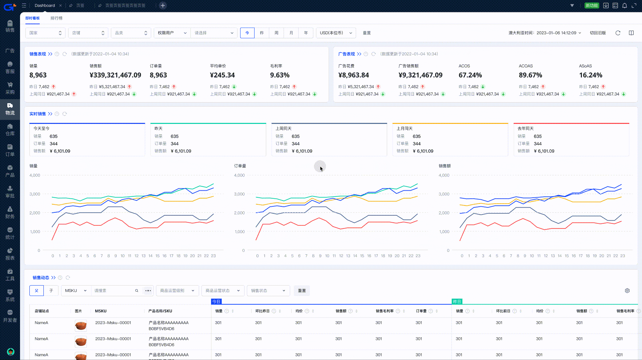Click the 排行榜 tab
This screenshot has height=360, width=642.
point(56,18)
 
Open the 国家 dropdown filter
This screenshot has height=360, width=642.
point(45,33)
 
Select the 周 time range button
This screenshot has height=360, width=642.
point(276,33)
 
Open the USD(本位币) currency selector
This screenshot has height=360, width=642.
point(336,33)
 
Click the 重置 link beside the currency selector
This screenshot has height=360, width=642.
point(367,33)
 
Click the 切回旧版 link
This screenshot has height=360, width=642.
point(598,33)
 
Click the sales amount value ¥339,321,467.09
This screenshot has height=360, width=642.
point(115,75)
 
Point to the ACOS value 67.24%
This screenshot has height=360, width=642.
point(470,75)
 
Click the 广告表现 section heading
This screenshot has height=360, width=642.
point(346,54)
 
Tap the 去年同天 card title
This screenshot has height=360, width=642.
point(525,128)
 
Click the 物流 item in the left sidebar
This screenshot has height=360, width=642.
point(10,109)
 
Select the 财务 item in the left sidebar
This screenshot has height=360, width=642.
point(10,212)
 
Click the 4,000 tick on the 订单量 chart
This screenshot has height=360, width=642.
point(239,175)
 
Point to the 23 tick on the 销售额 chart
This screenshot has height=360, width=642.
point(622,256)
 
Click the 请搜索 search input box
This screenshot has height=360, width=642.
point(114,291)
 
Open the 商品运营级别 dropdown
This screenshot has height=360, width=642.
point(177,291)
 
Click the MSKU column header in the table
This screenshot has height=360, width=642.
point(101,311)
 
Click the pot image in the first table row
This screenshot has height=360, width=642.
point(81,325)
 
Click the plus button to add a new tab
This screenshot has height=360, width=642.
point(163,5)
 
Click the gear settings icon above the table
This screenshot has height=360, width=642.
point(627,291)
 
